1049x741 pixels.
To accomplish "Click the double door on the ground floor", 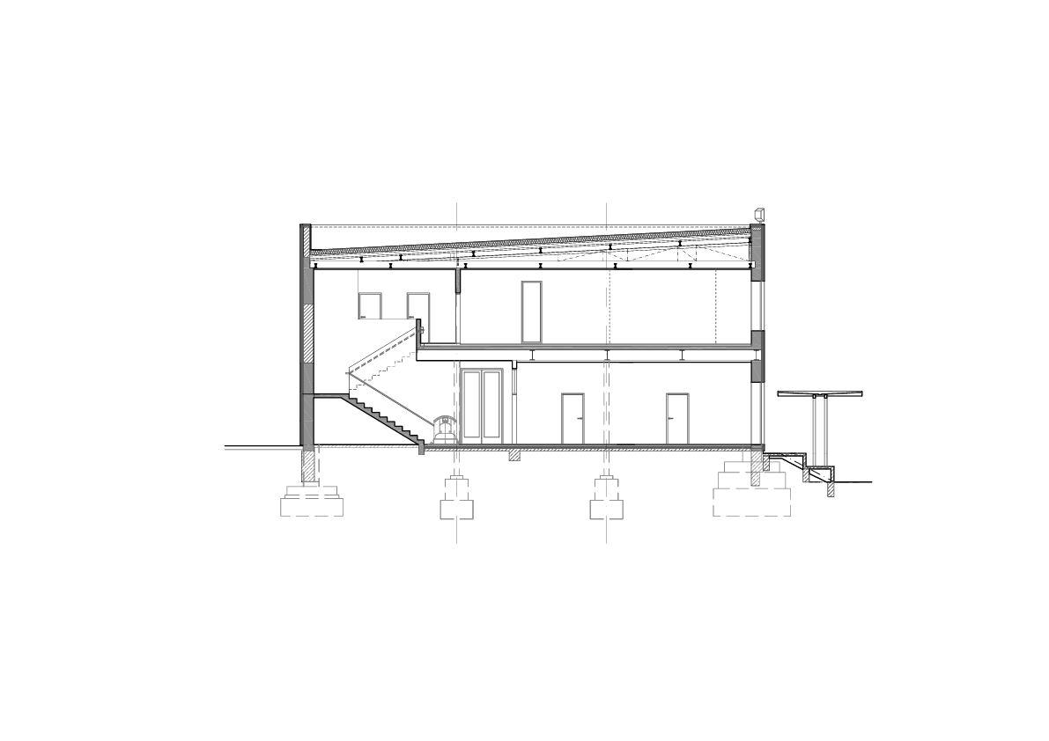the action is click(482, 404).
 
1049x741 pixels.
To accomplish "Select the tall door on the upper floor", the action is click(531, 311).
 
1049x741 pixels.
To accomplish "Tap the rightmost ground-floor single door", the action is click(676, 418).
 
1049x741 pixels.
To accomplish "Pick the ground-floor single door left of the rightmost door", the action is click(573, 418).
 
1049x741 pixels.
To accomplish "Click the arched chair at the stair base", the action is click(444, 430).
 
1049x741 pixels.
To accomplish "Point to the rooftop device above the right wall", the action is click(758, 213).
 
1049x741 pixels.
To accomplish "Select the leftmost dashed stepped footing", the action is click(311, 499).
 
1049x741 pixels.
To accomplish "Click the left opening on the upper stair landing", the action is click(369, 305).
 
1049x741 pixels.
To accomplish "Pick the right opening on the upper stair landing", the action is click(417, 305).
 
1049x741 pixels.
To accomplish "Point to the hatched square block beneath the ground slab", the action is click(514, 455).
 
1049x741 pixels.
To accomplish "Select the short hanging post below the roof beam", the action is click(456, 281).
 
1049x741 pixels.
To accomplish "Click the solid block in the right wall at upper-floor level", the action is click(756, 340).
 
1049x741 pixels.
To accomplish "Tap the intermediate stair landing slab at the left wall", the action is click(326, 398).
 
